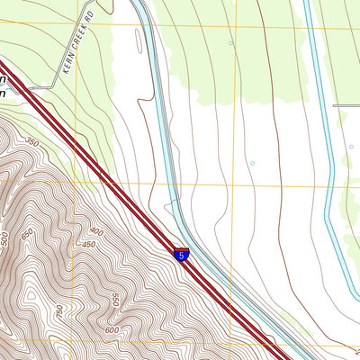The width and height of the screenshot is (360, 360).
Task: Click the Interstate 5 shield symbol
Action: click(182, 255)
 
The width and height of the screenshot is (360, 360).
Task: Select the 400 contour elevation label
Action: click(96, 232)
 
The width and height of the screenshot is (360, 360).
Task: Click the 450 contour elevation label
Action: click(89, 245)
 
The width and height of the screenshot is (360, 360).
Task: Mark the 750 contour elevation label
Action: click(60, 310)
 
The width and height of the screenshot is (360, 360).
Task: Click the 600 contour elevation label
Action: click(112, 329)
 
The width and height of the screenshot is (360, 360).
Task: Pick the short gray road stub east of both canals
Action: click(346, 105)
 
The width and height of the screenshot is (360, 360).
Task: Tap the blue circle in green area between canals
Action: click(231, 42)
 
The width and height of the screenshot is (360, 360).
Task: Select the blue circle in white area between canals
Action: click(252, 163)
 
